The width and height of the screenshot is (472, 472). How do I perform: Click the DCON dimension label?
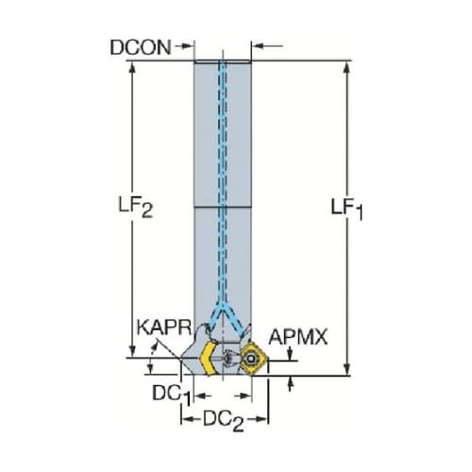click(x=141, y=47)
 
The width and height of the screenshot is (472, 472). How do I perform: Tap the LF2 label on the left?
click(x=136, y=207)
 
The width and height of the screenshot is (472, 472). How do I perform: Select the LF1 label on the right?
click(x=346, y=209)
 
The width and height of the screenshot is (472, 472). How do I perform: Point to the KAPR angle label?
click(x=164, y=328)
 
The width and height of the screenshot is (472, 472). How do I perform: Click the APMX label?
click(x=298, y=337)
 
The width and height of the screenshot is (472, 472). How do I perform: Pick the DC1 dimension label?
click(x=172, y=395)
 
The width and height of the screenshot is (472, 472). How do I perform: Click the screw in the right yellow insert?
click(x=250, y=359)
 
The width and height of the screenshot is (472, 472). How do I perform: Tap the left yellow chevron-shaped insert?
click(x=209, y=359)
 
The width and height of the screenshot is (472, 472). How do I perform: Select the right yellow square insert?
click(x=253, y=359)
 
